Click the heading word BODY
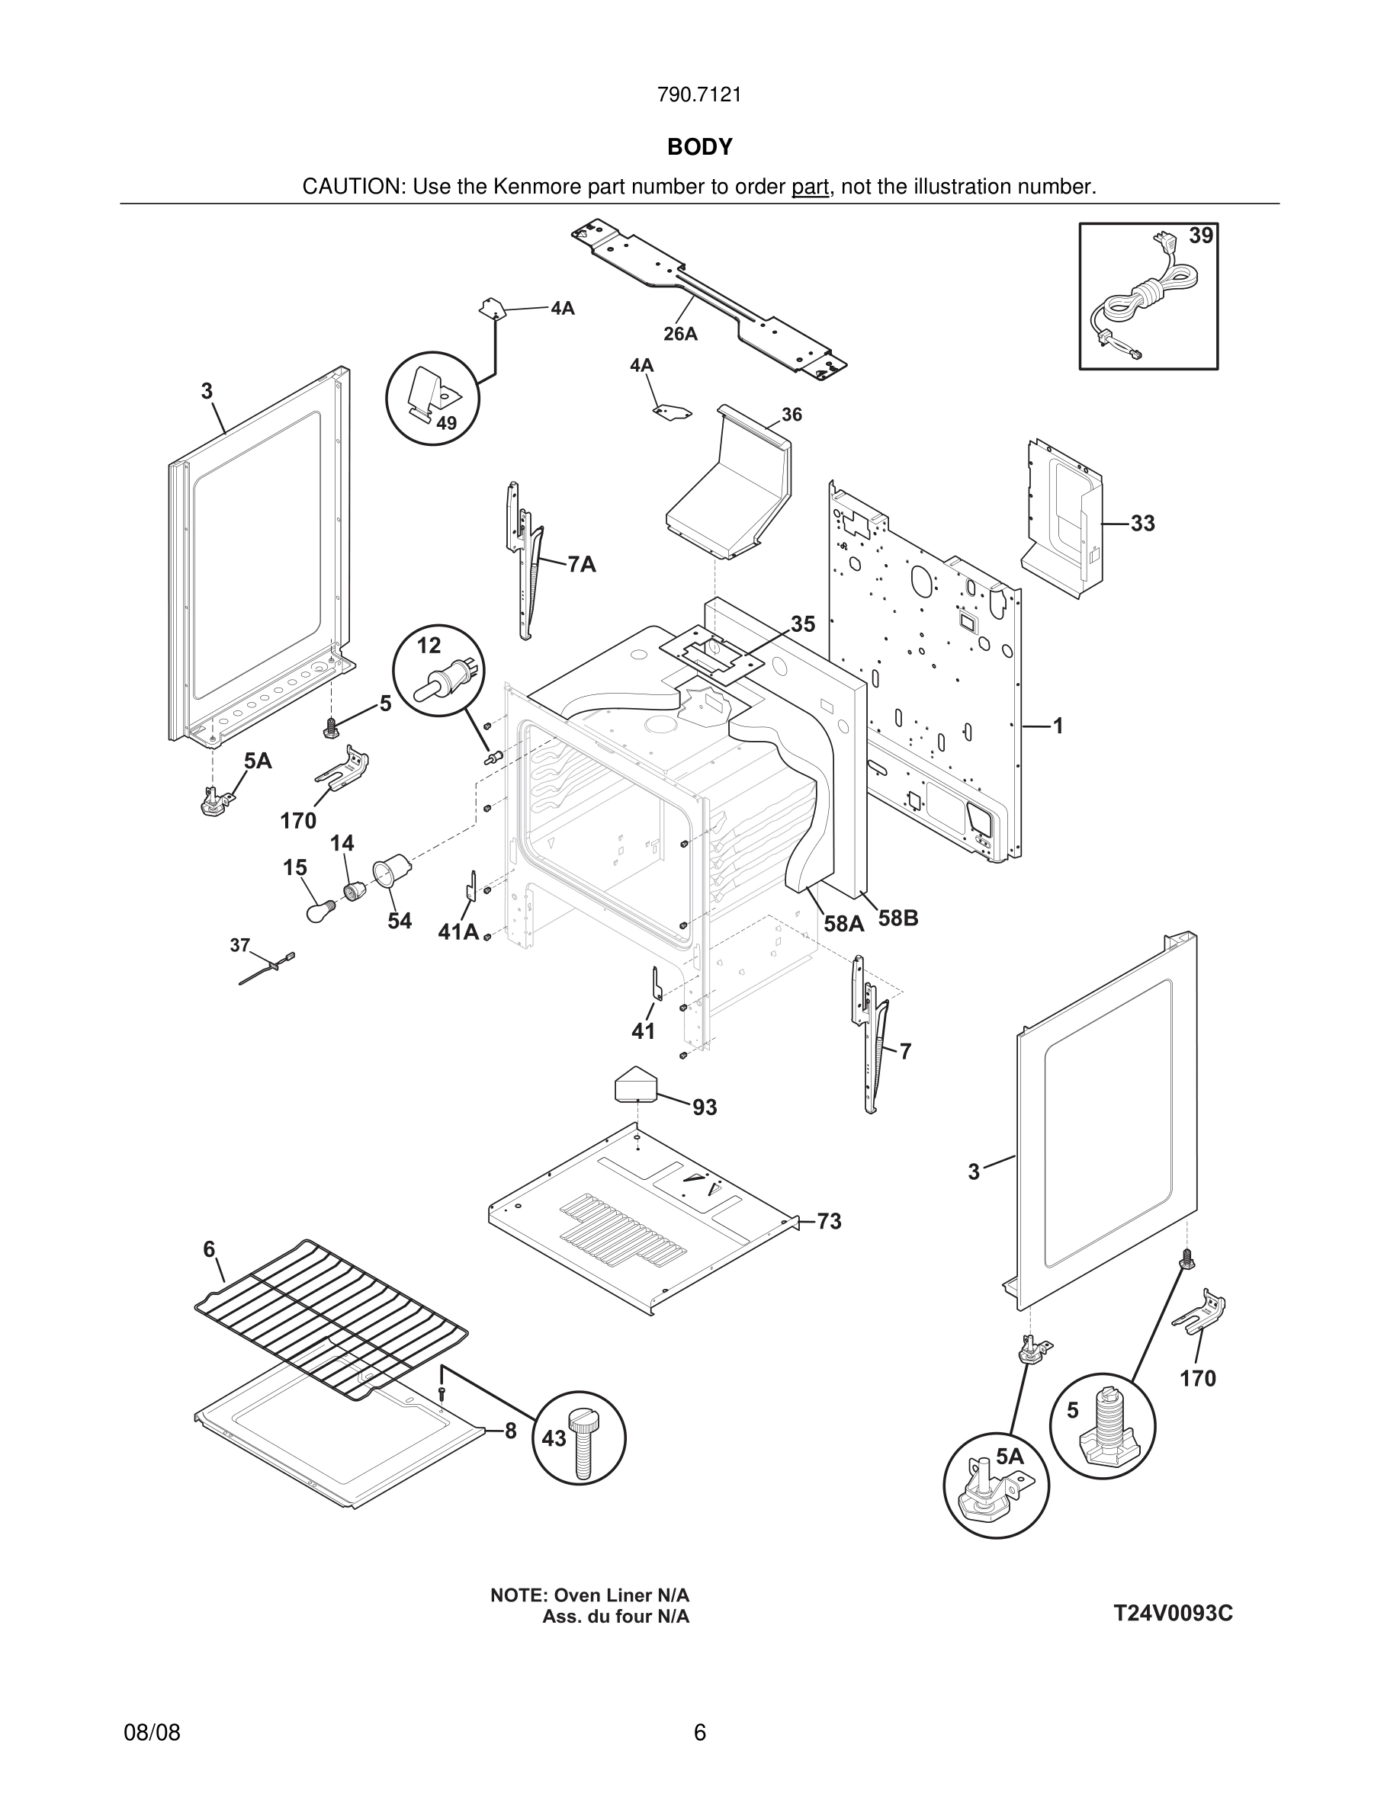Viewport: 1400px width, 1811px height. [699, 147]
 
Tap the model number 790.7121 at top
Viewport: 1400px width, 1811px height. [699, 95]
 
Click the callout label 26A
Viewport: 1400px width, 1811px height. [680, 334]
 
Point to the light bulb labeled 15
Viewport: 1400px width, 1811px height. [319, 913]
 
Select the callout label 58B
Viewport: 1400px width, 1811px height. [898, 918]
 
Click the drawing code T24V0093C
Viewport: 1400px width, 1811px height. [1173, 1613]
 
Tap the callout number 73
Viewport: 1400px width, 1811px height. [829, 1221]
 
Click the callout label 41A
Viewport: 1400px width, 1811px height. [458, 932]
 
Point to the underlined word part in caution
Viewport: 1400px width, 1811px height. [810, 188]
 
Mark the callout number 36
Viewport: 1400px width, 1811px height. [792, 415]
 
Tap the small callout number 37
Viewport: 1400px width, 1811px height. [239, 944]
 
